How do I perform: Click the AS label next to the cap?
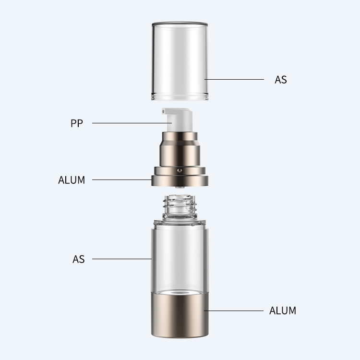point(281,80)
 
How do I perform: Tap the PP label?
point(76,123)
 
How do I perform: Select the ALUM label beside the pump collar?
point(72,180)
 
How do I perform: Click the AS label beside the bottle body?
point(79,259)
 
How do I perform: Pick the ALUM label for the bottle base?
point(283,311)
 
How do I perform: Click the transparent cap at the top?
point(180,61)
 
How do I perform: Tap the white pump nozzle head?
point(177,120)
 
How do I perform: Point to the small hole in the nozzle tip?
point(164,112)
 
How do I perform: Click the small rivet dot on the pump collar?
point(180,170)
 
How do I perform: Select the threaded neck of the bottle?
point(180,206)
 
